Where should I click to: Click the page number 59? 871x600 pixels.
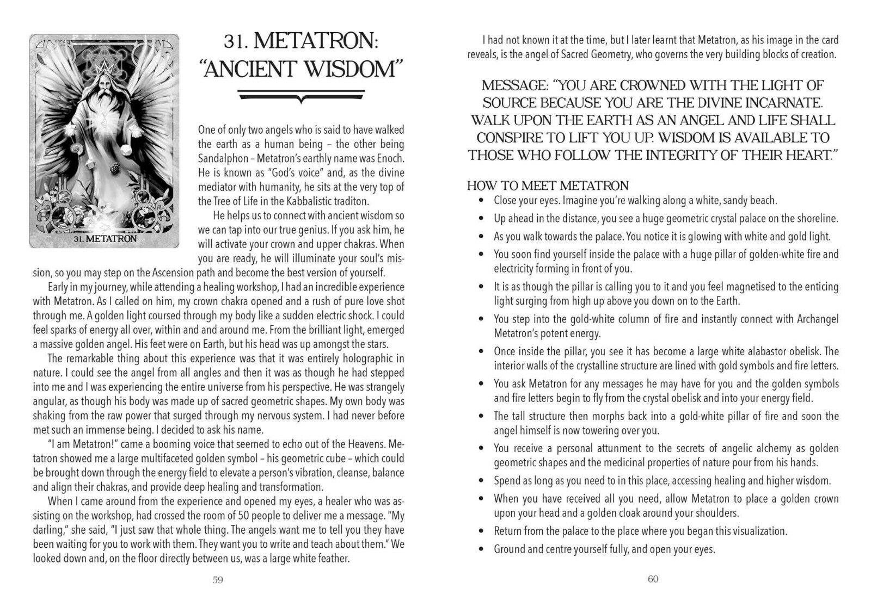(x=217, y=579)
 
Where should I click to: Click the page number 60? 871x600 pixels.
(x=653, y=579)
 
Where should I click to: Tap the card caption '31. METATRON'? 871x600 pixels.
(x=103, y=238)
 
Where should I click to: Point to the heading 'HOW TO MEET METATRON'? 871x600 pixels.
(x=548, y=186)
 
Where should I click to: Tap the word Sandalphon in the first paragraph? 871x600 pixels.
(x=224, y=159)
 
